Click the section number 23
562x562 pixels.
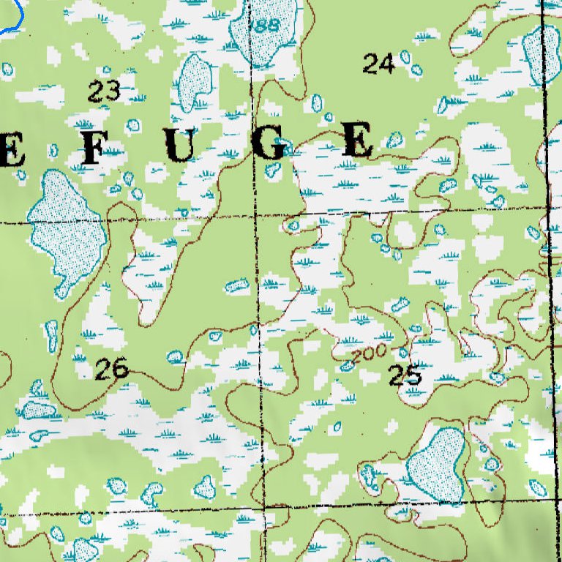104,91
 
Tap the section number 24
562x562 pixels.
378,64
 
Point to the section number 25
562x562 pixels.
405,375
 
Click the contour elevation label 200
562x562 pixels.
368,353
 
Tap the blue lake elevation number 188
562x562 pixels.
264,26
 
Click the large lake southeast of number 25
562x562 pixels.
438,465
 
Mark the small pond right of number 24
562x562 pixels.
416,70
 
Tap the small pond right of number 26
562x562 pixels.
174,356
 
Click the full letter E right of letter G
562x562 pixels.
359,141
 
